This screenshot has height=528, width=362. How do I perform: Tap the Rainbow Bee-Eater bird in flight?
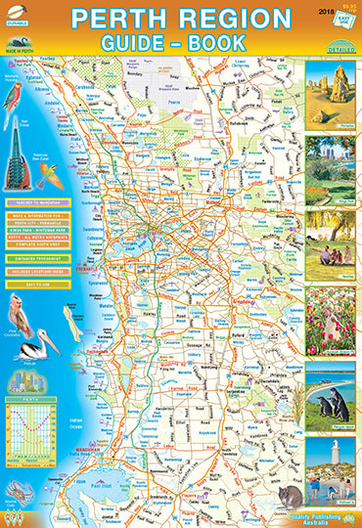click(54, 176)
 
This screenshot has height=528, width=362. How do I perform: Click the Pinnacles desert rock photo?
click(330, 92)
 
